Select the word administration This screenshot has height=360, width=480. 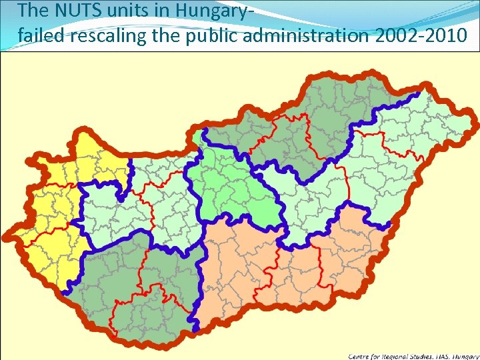(305, 35)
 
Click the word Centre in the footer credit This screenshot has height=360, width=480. (360, 356)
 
